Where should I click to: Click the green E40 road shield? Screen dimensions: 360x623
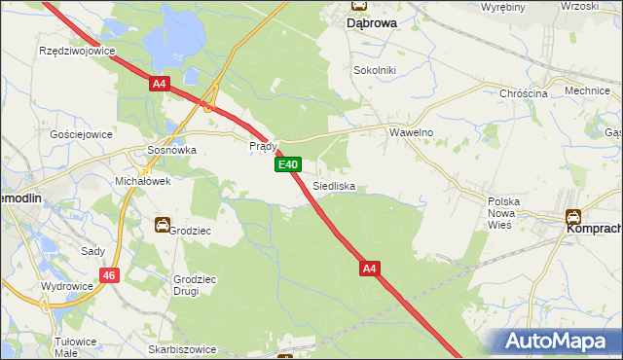pyautogui.click(x=287, y=165)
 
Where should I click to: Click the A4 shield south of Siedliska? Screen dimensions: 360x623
pyautogui.click(x=368, y=268)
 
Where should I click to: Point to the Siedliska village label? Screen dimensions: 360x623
pyautogui.click(x=334, y=185)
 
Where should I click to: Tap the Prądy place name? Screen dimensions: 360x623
pyautogui.click(x=264, y=146)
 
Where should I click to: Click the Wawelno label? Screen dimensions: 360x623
pyautogui.click(x=411, y=131)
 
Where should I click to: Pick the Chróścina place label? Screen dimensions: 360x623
pyautogui.click(x=524, y=93)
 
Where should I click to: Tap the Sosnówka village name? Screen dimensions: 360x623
pyautogui.click(x=171, y=151)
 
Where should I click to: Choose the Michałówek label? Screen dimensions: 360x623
pyautogui.click(x=143, y=181)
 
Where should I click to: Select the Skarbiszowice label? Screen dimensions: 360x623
pyautogui.click(x=185, y=347)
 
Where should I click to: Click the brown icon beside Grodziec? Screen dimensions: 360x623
pyautogui.click(x=162, y=226)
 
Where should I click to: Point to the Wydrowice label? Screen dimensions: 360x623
pyautogui.click(x=67, y=287)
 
